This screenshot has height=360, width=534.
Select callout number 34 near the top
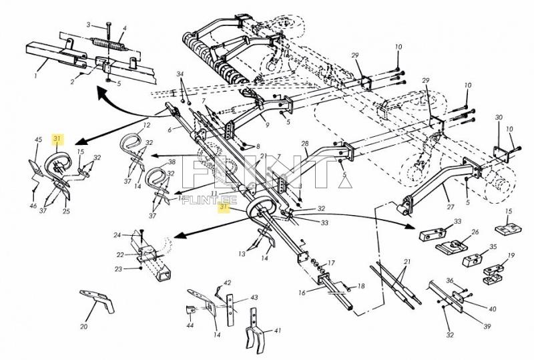[x=180, y=73]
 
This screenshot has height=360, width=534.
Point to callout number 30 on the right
[x=498, y=118]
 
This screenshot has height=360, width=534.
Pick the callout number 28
[x=304, y=144]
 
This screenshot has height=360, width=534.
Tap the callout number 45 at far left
[x=38, y=140]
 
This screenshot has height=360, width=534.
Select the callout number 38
[x=172, y=162]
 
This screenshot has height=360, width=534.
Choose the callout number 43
[x=236, y=297]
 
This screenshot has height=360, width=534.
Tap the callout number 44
[x=190, y=325]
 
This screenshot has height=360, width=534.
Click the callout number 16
[x=302, y=293]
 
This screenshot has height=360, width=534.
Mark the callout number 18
[x=361, y=286]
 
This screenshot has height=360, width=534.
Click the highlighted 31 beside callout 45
[x=57, y=138]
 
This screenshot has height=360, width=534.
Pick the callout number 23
[x=118, y=269]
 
